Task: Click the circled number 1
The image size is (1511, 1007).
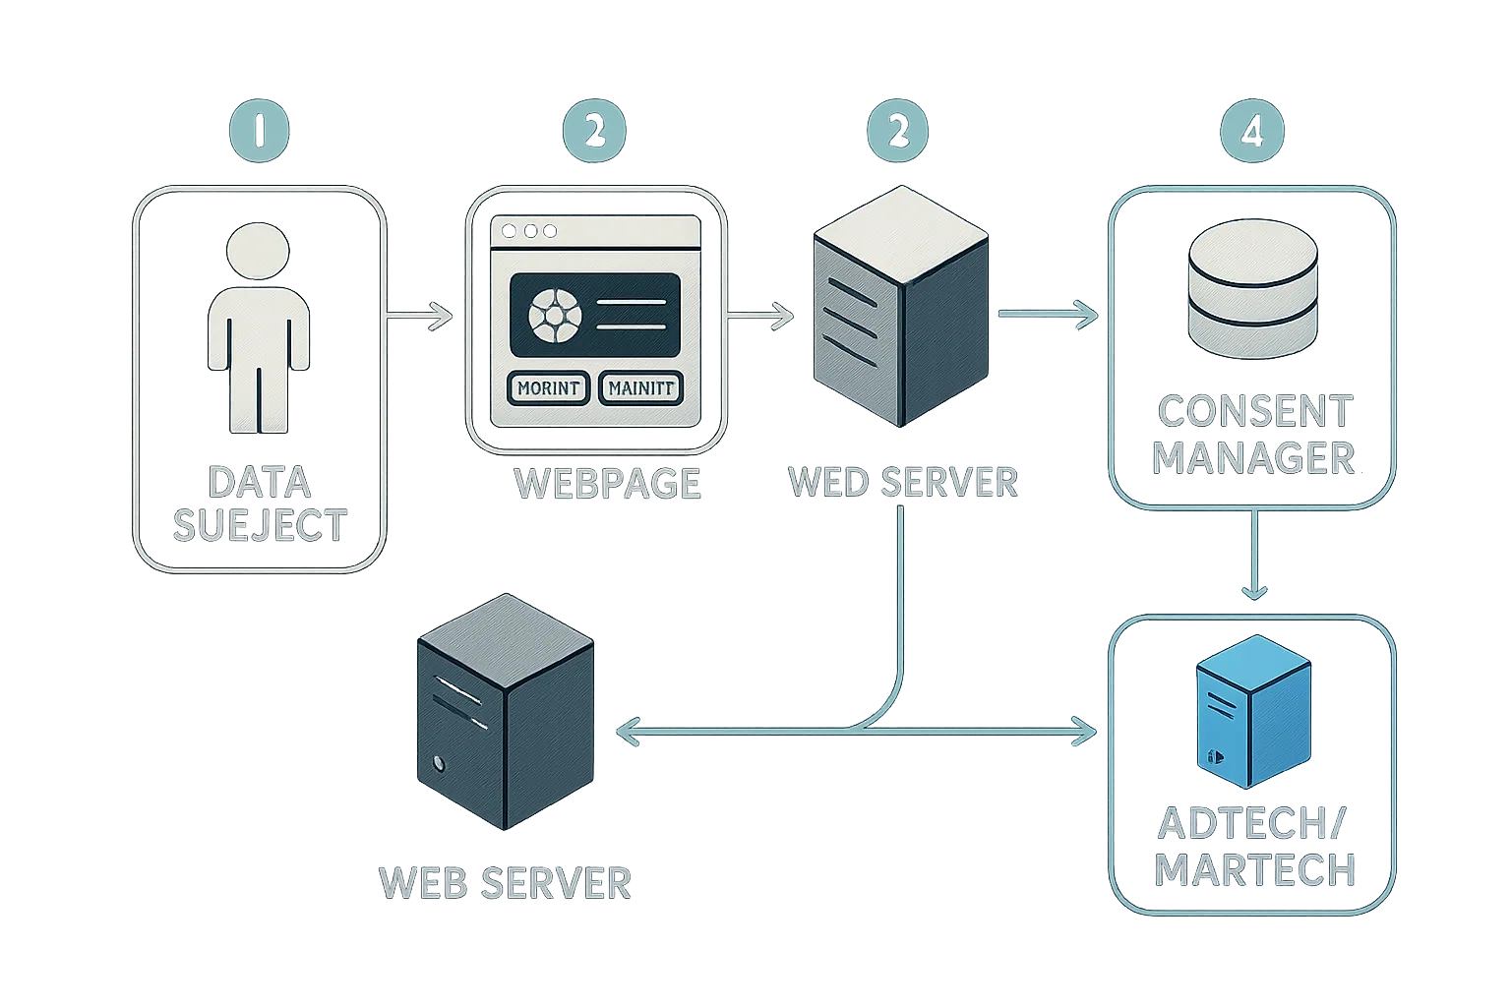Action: click(x=260, y=132)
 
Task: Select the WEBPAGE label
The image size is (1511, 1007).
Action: click(x=608, y=483)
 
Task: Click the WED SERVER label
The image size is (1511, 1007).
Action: click(x=902, y=482)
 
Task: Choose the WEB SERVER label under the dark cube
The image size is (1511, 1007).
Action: click(x=505, y=882)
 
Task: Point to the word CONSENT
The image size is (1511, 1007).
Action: click(x=1254, y=412)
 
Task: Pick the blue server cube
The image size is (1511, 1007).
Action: click(x=1253, y=713)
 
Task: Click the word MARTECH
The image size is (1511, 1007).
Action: click(x=1254, y=869)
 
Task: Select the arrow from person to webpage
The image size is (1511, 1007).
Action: click(x=420, y=316)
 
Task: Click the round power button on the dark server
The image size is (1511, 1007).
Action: click(x=438, y=764)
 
